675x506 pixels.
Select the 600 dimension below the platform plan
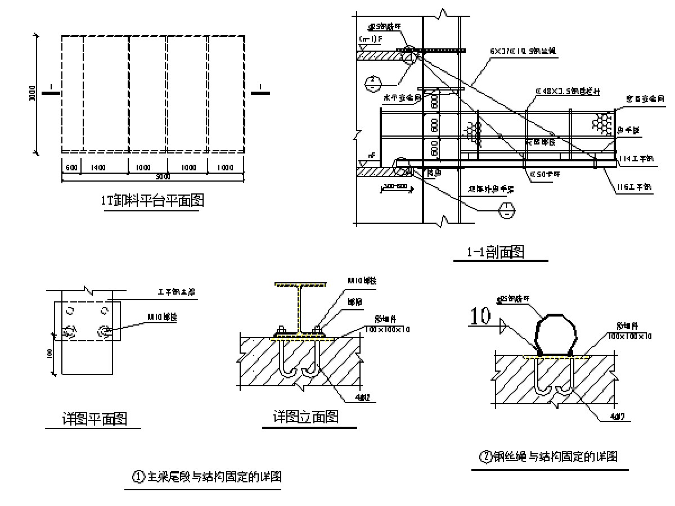point(71,168)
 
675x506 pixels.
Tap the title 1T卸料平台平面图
point(152,201)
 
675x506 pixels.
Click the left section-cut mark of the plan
point(51,93)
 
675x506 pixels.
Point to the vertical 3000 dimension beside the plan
point(33,94)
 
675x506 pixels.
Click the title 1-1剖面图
point(495,253)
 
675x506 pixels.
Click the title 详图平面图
point(94,419)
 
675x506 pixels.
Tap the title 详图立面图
point(306,417)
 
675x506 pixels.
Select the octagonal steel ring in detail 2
point(556,334)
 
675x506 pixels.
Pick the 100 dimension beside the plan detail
point(50,354)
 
